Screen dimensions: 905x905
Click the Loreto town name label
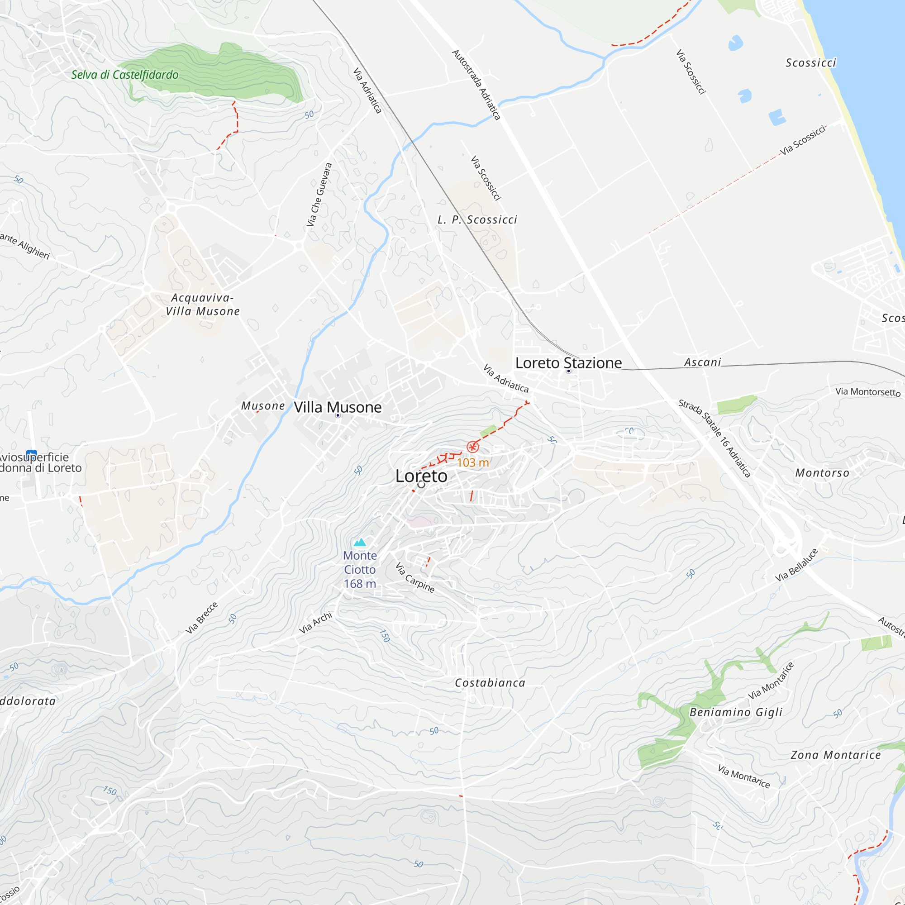click(x=421, y=476)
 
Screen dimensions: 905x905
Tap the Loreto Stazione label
click(x=568, y=363)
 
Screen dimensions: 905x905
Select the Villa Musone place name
click(x=337, y=407)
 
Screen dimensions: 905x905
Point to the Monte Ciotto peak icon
click(x=360, y=543)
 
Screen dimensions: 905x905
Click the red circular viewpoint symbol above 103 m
click(x=473, y=447)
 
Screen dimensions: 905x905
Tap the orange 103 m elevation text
click(x=473, y=463)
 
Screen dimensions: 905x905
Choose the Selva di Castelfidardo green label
click(x=124, y=75)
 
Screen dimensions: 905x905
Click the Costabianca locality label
click(x=490, y=683)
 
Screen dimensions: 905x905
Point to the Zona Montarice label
click(x=836, y=755)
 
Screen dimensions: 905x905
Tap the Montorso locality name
click(x=822, y=473)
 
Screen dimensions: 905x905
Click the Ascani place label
click(x=702, y=362)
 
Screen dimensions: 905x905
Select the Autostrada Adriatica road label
click(x=476, y=85)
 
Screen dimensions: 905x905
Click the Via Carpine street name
click(x=414, y=577)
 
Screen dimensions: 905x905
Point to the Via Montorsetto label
click(x=867, y=391)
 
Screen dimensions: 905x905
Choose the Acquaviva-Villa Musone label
click(x=202, y=305)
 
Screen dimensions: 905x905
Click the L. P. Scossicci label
click(x=477, y=220)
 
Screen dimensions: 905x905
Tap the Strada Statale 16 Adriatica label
click(x=714, y=438)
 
